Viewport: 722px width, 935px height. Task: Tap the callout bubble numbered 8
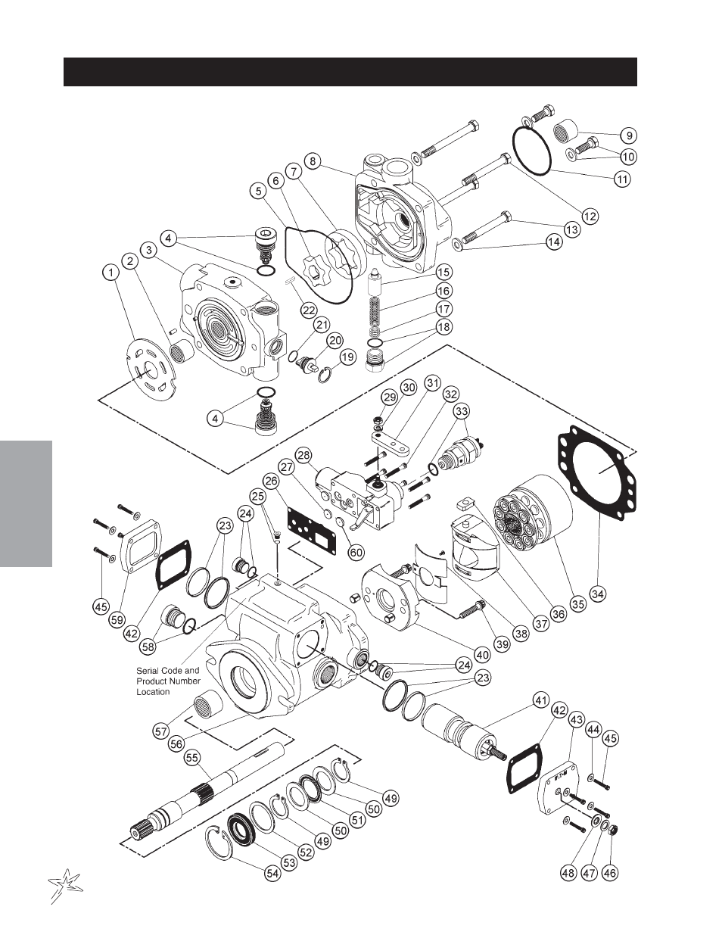pyautogui.click(x=310, y=160)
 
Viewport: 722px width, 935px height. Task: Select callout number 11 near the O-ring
pyautogui.click(x=622, y=179)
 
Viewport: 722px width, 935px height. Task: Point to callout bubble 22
pyautogui.click(x=307, y=309)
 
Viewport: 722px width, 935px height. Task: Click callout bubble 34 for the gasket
pyautogui.click(x=598, y=594)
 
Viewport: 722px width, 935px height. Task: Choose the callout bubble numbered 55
pyautogui.click(x=192, y=756)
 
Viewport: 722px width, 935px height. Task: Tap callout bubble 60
pyautogui.click(x=356, y=553)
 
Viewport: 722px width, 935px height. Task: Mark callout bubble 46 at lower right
pyautogui.click(x=610, y=873)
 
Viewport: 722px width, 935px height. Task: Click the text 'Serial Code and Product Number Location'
pyautogui.click(x=168, y=681)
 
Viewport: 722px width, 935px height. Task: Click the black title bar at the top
pyautogui.click(x=350, y=72)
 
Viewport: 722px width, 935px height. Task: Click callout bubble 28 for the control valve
pyautogui.click(x=303, y=455)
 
